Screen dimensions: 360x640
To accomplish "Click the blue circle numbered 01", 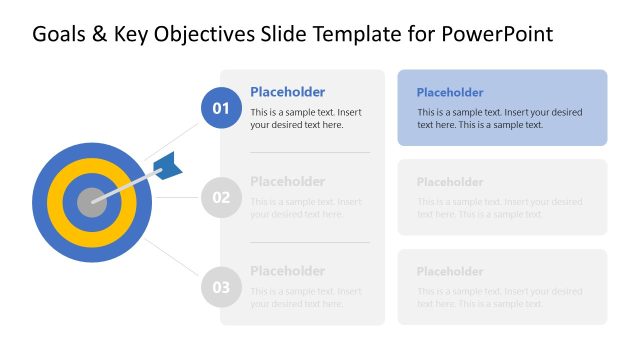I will pos(221,108).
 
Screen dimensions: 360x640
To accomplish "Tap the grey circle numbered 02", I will pos(221,197).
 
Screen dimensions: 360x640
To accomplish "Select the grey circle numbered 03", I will pos(221,287).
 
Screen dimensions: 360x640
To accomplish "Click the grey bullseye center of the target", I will pos(91,201).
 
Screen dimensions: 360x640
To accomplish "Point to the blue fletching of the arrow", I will pos(169,166).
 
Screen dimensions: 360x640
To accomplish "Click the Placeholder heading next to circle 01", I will pos(287,91).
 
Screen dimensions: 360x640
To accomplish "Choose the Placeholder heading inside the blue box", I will pos(450,92).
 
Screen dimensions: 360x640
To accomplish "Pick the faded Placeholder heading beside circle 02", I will pos(287,181).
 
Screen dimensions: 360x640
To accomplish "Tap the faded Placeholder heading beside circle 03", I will pos(287,271).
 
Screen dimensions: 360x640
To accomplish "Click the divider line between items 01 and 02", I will pos(309,152).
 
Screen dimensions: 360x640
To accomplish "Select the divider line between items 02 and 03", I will pos(309,242).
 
